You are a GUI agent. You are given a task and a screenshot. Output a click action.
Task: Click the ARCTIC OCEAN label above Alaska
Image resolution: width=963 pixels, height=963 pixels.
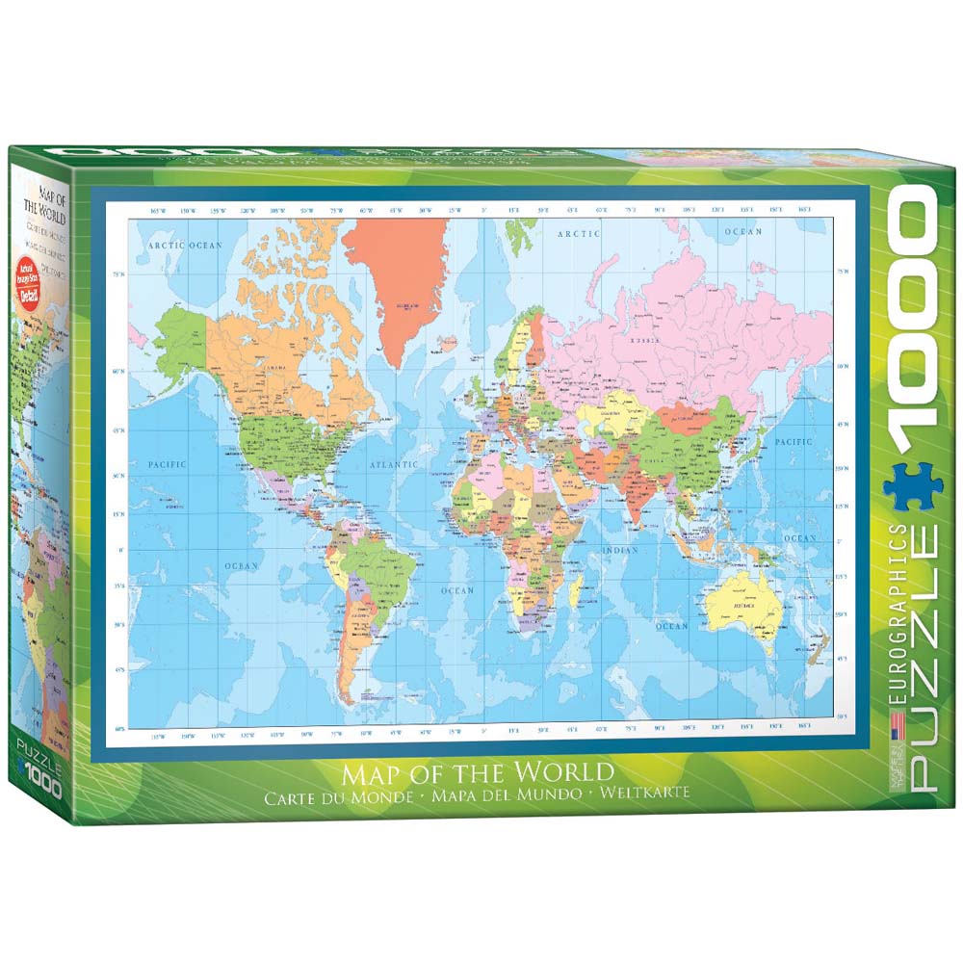(185, 246)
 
